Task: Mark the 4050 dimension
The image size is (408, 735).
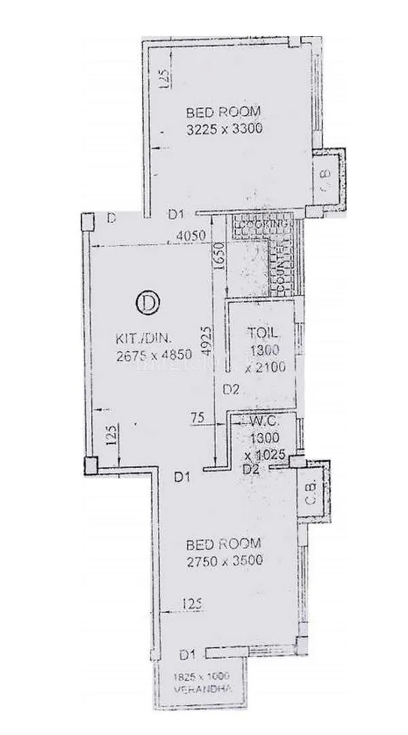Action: coord(190,236)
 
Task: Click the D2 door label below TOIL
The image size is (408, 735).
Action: coord(231,390)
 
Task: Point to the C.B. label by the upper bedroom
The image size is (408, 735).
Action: coord(326,180)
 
